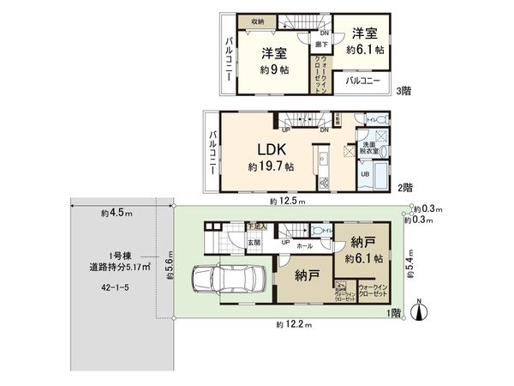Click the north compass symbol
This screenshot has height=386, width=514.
tap(418, 310)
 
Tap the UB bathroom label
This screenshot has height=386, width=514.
tap(364, 175)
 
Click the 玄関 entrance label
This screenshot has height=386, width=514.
tap(230, 241)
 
